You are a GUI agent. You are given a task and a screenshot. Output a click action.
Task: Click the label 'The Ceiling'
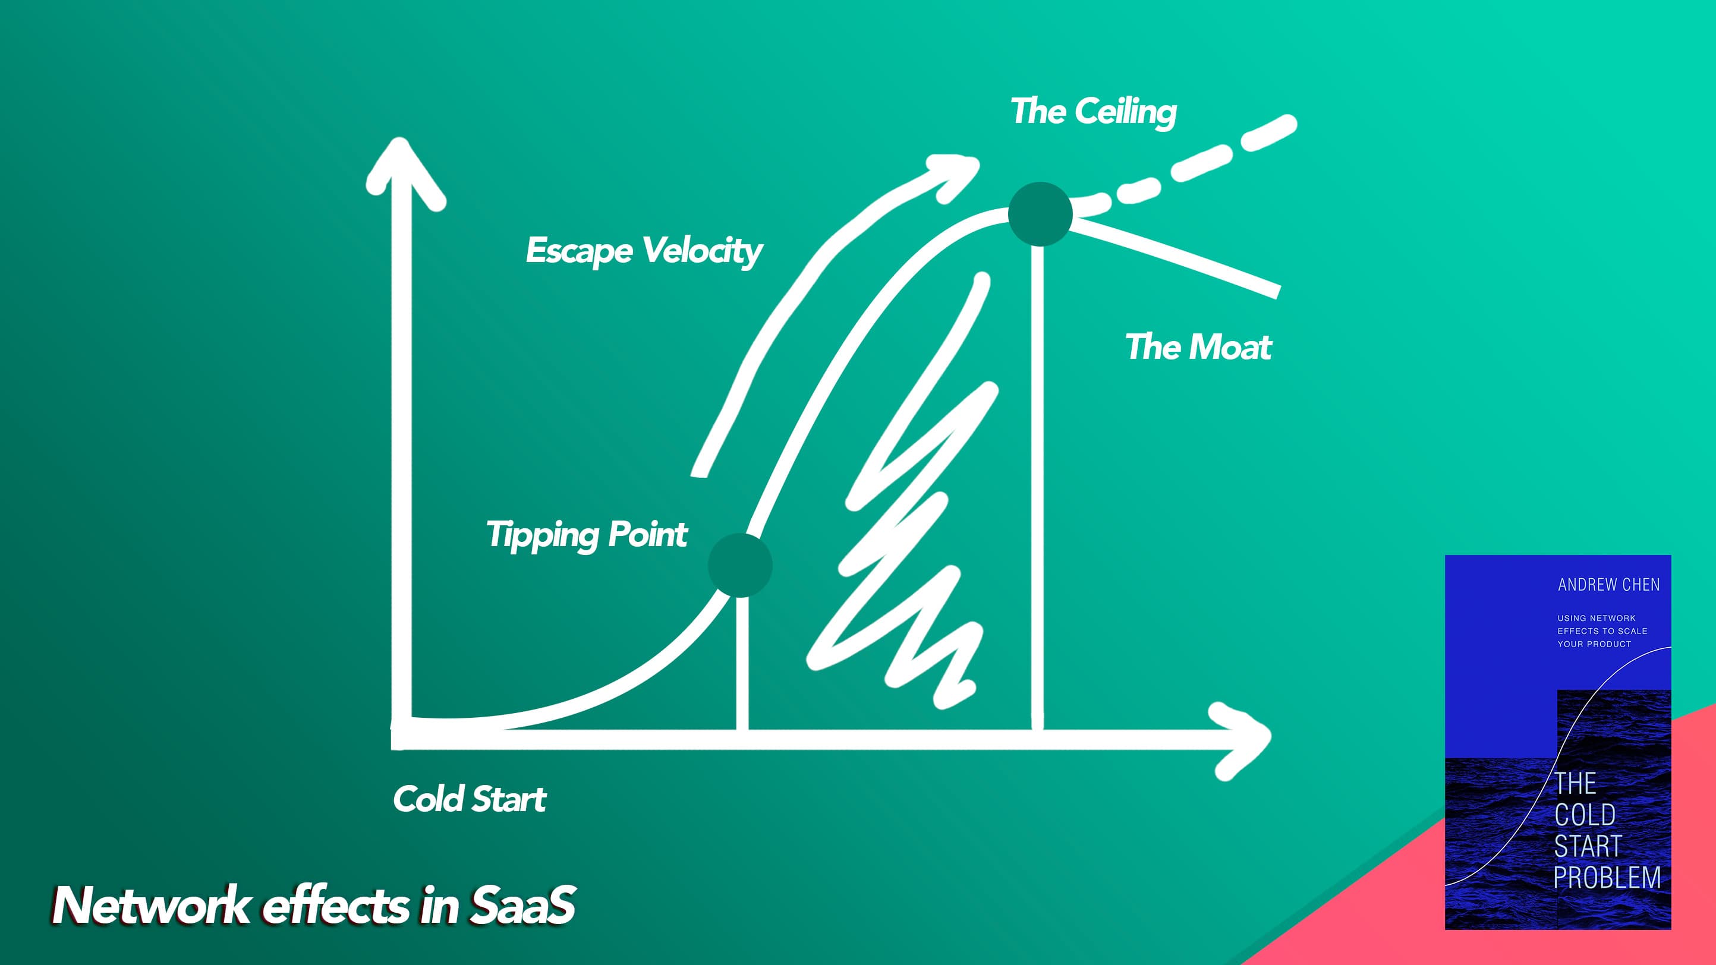tap(1093, 111)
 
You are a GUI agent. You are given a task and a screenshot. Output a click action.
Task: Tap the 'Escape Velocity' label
tap(644, 251)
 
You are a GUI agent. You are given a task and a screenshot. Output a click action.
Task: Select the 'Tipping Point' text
tap(586, 535)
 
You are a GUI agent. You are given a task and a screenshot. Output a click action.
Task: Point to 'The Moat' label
tap(1198, 347)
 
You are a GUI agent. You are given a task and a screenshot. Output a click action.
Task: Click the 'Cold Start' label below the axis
tap(470, 799)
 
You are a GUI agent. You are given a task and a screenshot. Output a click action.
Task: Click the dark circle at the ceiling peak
tap(1040, 214)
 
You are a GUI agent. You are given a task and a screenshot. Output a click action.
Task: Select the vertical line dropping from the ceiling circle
tap(1037, 486)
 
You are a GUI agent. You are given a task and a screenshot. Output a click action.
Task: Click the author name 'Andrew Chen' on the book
tap(1608, 585)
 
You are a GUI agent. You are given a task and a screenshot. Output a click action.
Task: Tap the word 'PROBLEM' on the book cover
tap(1607, 878)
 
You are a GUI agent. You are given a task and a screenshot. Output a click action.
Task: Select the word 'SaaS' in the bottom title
tap(523, 906)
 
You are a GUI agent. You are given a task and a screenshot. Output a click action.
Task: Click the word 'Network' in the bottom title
tap(150, 906)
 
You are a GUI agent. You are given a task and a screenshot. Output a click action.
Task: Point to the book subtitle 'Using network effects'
tap(1601, 630)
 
